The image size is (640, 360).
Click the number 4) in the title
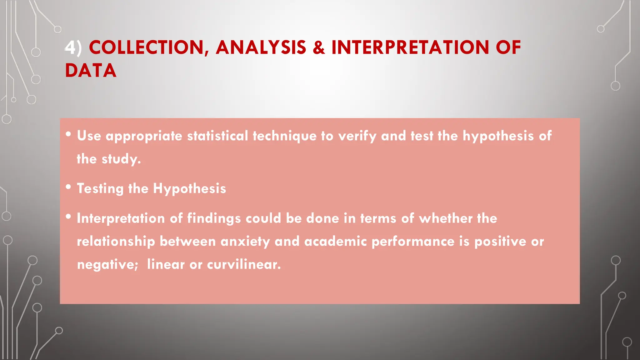tap(73, 48)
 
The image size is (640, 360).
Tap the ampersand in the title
tap(318, 48)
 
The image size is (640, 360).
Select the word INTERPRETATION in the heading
tap(410, 48)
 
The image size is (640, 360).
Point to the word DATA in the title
tap(91, 71)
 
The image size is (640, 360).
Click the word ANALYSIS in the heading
tap(261, 48)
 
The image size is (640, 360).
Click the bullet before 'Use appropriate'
tap(68, 134)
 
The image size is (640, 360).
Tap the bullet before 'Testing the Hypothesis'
tap(68, 187)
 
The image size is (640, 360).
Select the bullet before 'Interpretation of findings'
tap(68, 217)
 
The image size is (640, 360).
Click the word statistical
tap(217, 136)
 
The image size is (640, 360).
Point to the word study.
tap(121, 159)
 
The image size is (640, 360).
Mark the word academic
tap(335, 242)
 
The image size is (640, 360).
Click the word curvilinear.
tap(244, 265)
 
